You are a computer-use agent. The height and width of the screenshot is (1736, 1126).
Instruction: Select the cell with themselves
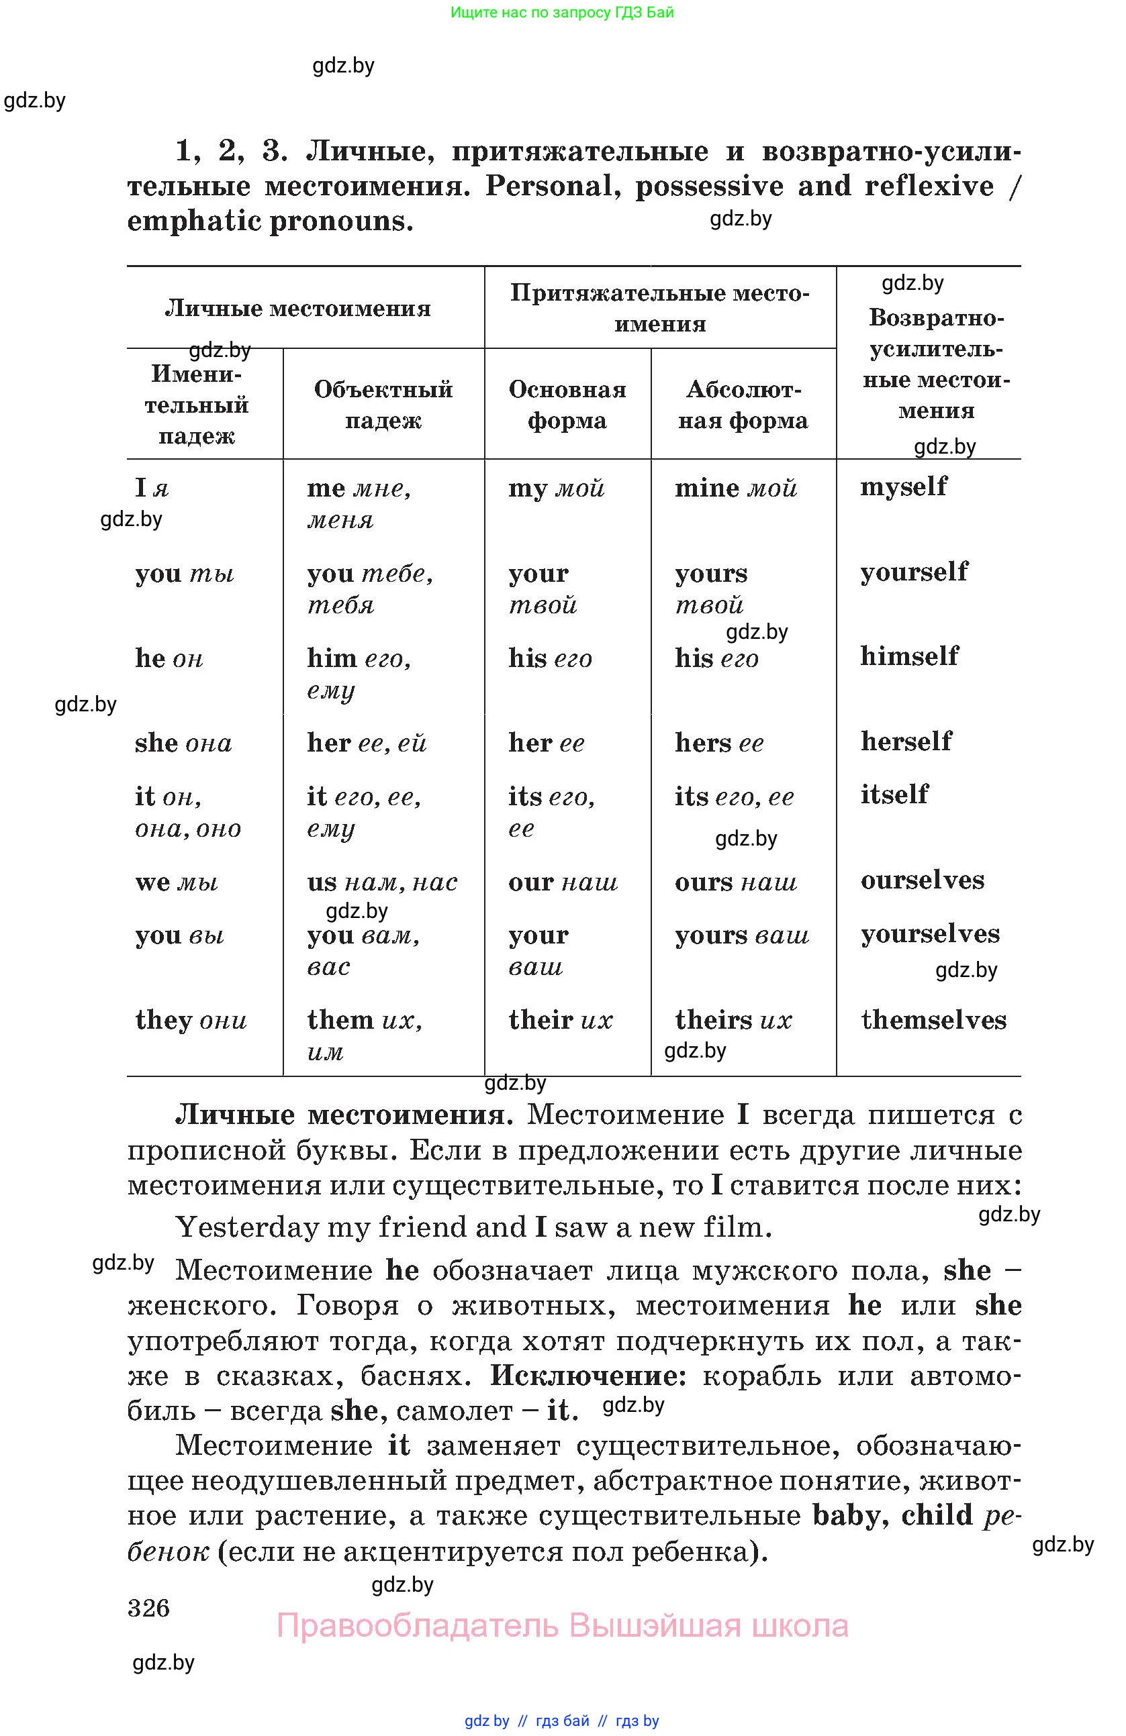pos(933,1020)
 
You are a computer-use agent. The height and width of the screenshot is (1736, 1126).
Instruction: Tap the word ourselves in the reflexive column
pos(923,880)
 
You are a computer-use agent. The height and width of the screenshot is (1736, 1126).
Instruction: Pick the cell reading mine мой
pos(736,488)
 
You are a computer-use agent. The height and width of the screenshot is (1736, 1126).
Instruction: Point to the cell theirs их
pos(733,1020)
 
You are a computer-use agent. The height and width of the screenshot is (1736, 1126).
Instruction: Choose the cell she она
pos(183,744)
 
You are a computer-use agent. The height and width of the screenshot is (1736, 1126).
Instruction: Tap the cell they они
pos(191,1020)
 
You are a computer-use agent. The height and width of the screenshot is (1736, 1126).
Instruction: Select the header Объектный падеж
pos(383,405)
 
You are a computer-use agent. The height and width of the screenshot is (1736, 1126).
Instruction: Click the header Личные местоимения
pos(297,309)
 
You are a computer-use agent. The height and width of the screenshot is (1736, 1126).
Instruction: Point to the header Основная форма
pos(567,405)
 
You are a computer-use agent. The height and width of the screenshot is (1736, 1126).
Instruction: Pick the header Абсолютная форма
pos(743,405)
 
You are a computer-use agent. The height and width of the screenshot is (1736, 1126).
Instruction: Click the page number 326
pos(148,1608)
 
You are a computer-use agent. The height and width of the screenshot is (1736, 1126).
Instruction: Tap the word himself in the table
pos(909,656)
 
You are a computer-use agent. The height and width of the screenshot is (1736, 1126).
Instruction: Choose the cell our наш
pos(563,882)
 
